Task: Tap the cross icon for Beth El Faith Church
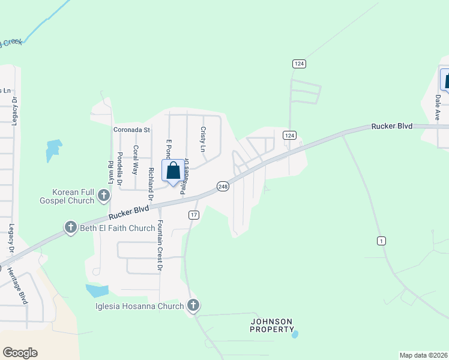coord(70,227)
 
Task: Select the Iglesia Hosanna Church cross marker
coord(193,305)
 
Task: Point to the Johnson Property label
coord(272,326)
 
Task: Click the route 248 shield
coord(223,187)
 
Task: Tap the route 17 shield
coord(193,215)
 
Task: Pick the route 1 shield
coord(381,241)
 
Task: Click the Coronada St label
coord(131,130)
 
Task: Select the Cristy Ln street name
coord(203,139)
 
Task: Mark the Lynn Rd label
coord(110,172)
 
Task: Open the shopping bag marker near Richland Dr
coord(173,172)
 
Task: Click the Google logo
coord(20,353)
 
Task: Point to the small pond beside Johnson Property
coord(294,334)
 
